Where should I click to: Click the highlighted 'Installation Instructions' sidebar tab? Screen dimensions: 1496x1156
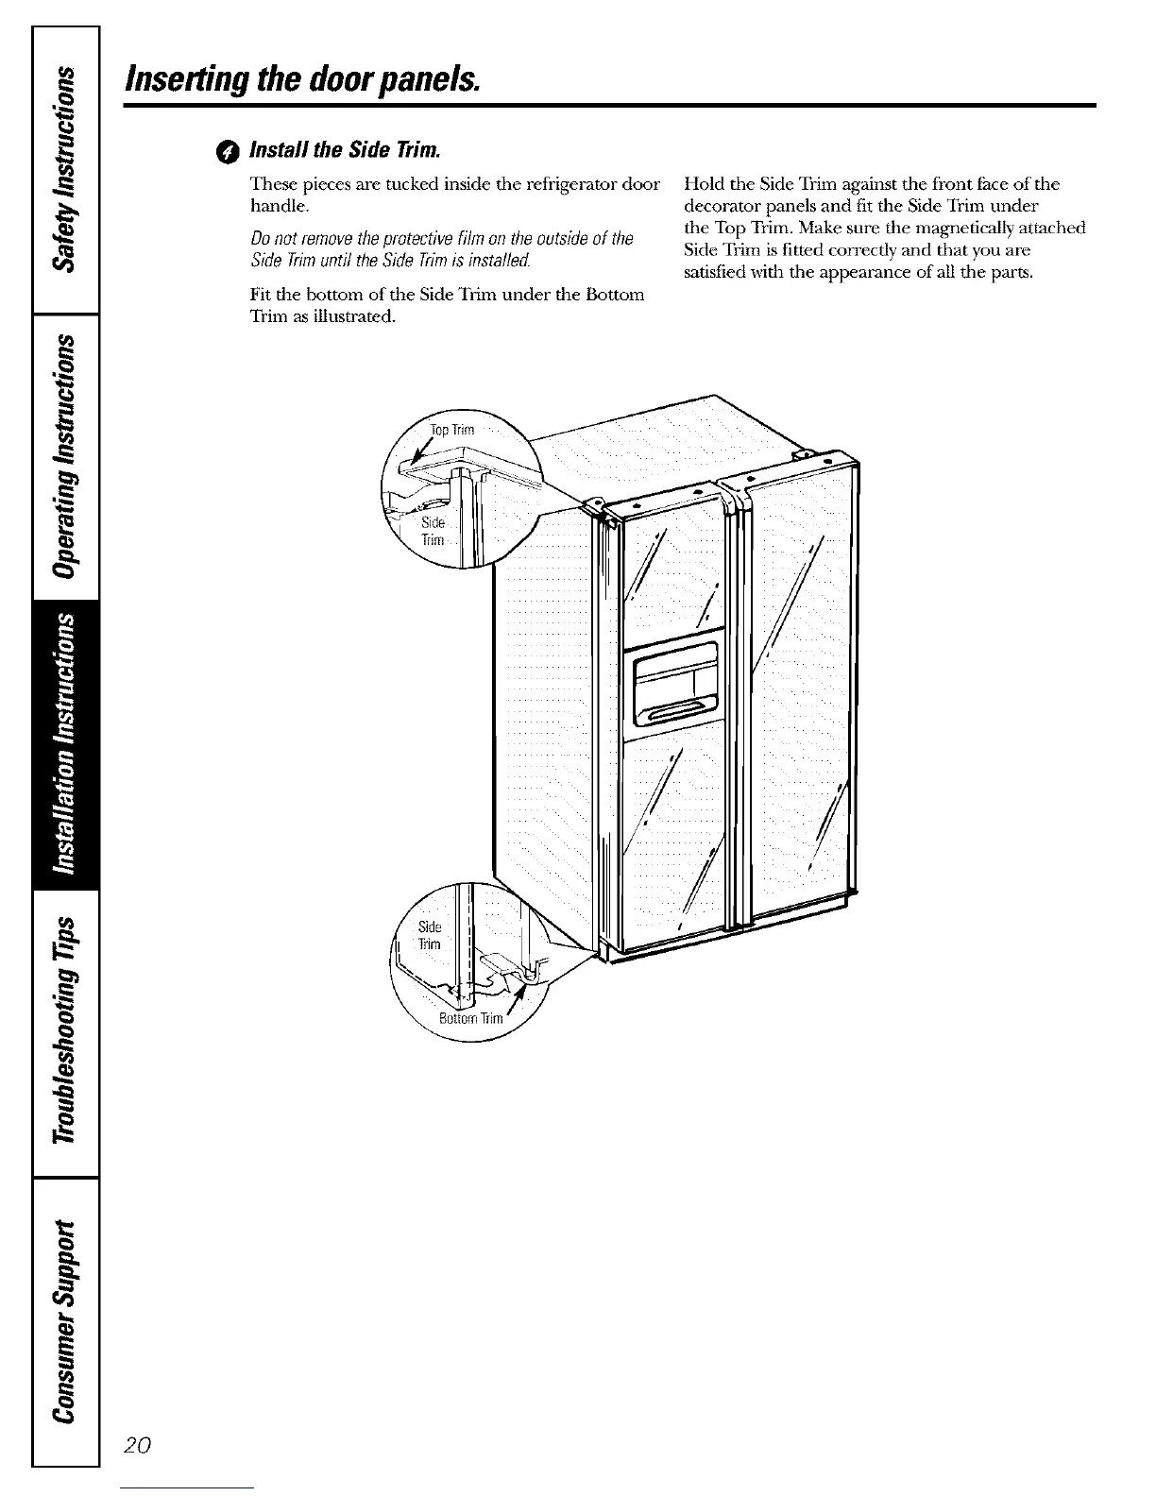click(x=66, y=745)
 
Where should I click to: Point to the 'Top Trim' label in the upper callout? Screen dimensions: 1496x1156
click(x=451, y=431)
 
